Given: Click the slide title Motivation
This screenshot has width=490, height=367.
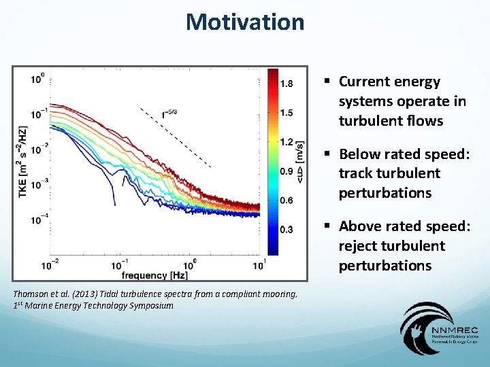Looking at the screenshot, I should pos(245,22).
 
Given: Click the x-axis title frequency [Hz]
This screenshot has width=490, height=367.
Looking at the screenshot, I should pos(155,275).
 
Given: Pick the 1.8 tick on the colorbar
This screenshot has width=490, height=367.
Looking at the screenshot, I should pos(287,84).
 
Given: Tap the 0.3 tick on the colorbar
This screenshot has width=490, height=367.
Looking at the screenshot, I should pos(287,230).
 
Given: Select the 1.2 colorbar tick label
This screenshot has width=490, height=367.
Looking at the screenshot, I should pos(287,142).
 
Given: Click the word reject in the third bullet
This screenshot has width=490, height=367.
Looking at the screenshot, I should pos(359,246).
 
